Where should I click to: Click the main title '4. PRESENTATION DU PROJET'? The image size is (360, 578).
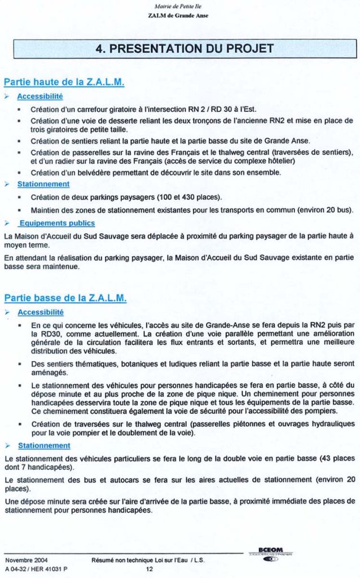click(x=185, y=48)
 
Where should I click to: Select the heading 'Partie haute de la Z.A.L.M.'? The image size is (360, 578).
click(x=64, y=82)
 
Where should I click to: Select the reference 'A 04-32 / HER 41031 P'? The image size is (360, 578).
click(x=36, y=569)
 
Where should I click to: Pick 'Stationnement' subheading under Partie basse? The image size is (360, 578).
click(x=43, y=445)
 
